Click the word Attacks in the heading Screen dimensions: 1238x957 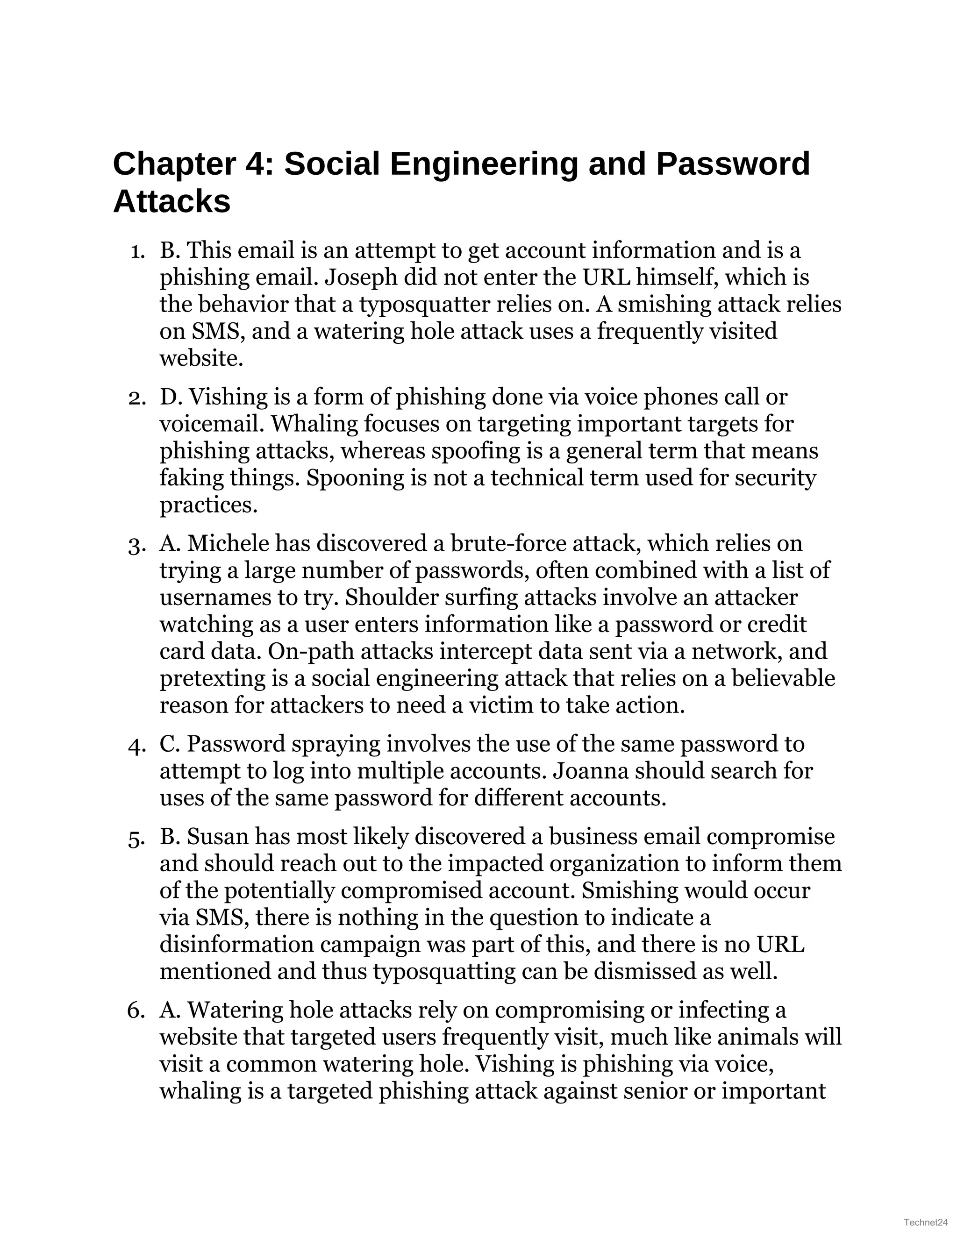coord(172,202)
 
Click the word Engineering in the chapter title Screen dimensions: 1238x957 coord(484,164)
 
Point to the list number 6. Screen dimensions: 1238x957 coord(136,1010)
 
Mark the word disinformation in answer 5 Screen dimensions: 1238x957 coord(236,945)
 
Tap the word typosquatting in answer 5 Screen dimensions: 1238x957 coord(444,972)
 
